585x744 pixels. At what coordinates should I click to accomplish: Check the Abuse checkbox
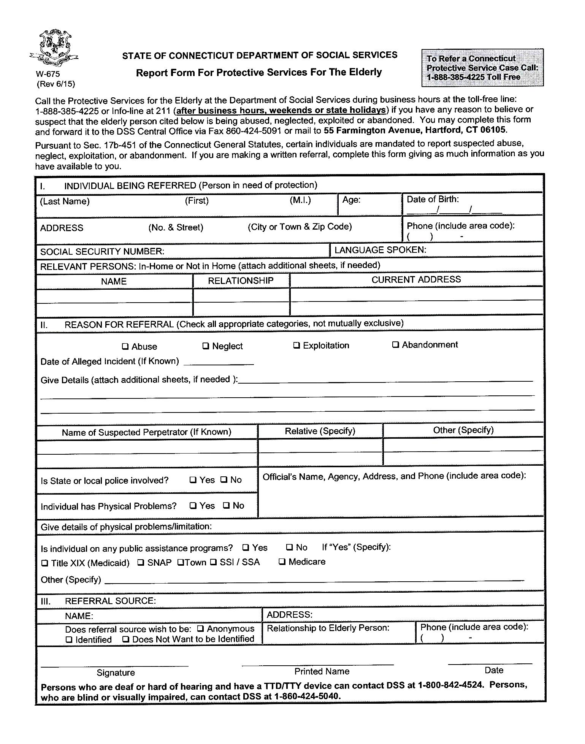[125, 346]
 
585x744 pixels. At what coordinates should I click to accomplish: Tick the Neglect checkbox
[206, 346]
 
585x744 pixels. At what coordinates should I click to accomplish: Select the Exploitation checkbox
[296, 345]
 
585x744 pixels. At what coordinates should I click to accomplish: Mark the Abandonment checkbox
[396, 344]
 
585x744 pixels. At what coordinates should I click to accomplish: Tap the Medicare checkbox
[282, 562]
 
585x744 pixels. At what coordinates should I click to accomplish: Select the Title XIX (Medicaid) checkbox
[45, 563]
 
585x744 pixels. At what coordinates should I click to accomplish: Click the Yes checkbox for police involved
[193, 480]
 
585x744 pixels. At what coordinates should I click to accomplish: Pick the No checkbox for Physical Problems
[227, 506]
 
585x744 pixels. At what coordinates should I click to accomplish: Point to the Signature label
[116, 673]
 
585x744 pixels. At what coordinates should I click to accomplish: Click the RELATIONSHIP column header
[241, 281]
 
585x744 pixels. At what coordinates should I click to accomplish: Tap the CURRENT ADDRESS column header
[416, 279]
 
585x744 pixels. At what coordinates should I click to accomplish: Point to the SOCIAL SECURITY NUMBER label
[102, 252]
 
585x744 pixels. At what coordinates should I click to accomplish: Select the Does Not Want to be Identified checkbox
[126, 639]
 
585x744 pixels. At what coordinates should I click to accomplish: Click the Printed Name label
[322, 671]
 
